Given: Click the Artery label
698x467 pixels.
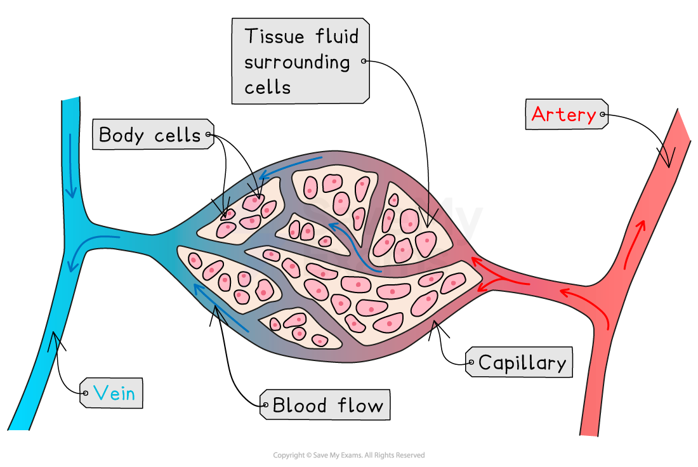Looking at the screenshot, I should point(563,115).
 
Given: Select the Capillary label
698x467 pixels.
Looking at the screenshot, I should point(522,363).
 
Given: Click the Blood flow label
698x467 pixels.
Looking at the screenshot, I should point(328,405).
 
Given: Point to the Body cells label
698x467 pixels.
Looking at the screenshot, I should point(150,135).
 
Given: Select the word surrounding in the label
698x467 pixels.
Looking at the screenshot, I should point(297,62).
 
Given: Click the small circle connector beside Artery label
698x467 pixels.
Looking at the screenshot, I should point(603,115).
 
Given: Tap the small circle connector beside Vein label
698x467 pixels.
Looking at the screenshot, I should point(84,393).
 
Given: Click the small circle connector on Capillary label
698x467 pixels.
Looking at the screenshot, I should point(470,364).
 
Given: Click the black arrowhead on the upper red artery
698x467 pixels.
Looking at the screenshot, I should point(668,155).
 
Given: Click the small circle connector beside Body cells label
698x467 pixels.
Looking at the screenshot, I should point(208,135).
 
